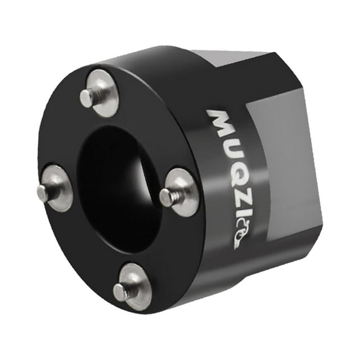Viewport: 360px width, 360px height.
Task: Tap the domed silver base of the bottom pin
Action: pos(135,287)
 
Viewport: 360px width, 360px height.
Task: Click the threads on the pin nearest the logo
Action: pos(175,195)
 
